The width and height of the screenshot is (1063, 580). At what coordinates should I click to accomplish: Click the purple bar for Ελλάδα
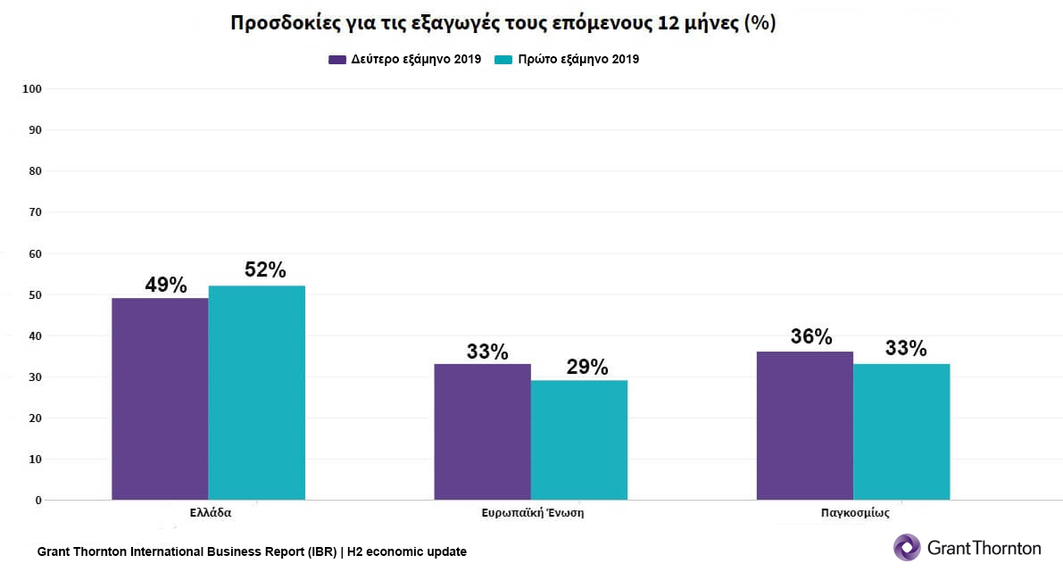coord(160,398)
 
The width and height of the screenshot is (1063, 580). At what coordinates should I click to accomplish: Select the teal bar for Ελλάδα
coord(257,393)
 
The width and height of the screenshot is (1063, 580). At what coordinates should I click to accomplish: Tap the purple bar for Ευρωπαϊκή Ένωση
coord(482,431)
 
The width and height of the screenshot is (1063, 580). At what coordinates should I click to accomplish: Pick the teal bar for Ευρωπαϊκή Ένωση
coord(579,439)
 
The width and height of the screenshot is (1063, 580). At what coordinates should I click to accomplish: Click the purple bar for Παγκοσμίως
coord(804,425)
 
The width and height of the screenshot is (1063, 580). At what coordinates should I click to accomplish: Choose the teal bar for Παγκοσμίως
coord(901,431)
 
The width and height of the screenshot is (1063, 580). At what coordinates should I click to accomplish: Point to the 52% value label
coord(265,269)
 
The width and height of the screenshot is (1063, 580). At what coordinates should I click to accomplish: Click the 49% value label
coord(166,286)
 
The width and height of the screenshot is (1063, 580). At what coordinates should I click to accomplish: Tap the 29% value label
coord(587,367)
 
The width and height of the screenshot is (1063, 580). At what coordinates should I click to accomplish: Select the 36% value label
coord(811,337)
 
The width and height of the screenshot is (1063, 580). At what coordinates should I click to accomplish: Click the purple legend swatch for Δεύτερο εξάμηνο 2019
coord(337,60)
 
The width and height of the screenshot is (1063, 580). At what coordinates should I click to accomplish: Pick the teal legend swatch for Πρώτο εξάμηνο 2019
coord(502,60)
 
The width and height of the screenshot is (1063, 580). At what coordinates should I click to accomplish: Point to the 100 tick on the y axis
coord(33,89)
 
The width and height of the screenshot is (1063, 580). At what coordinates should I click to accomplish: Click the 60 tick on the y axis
coord(36,253)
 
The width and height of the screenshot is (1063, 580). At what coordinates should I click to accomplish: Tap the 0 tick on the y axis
coord(38,501)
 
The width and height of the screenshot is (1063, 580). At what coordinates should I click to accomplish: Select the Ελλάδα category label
coord(211,514)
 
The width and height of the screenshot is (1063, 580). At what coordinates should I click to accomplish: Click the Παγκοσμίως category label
coord(854,514)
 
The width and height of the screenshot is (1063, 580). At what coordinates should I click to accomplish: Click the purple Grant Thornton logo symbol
coord(907,547)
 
